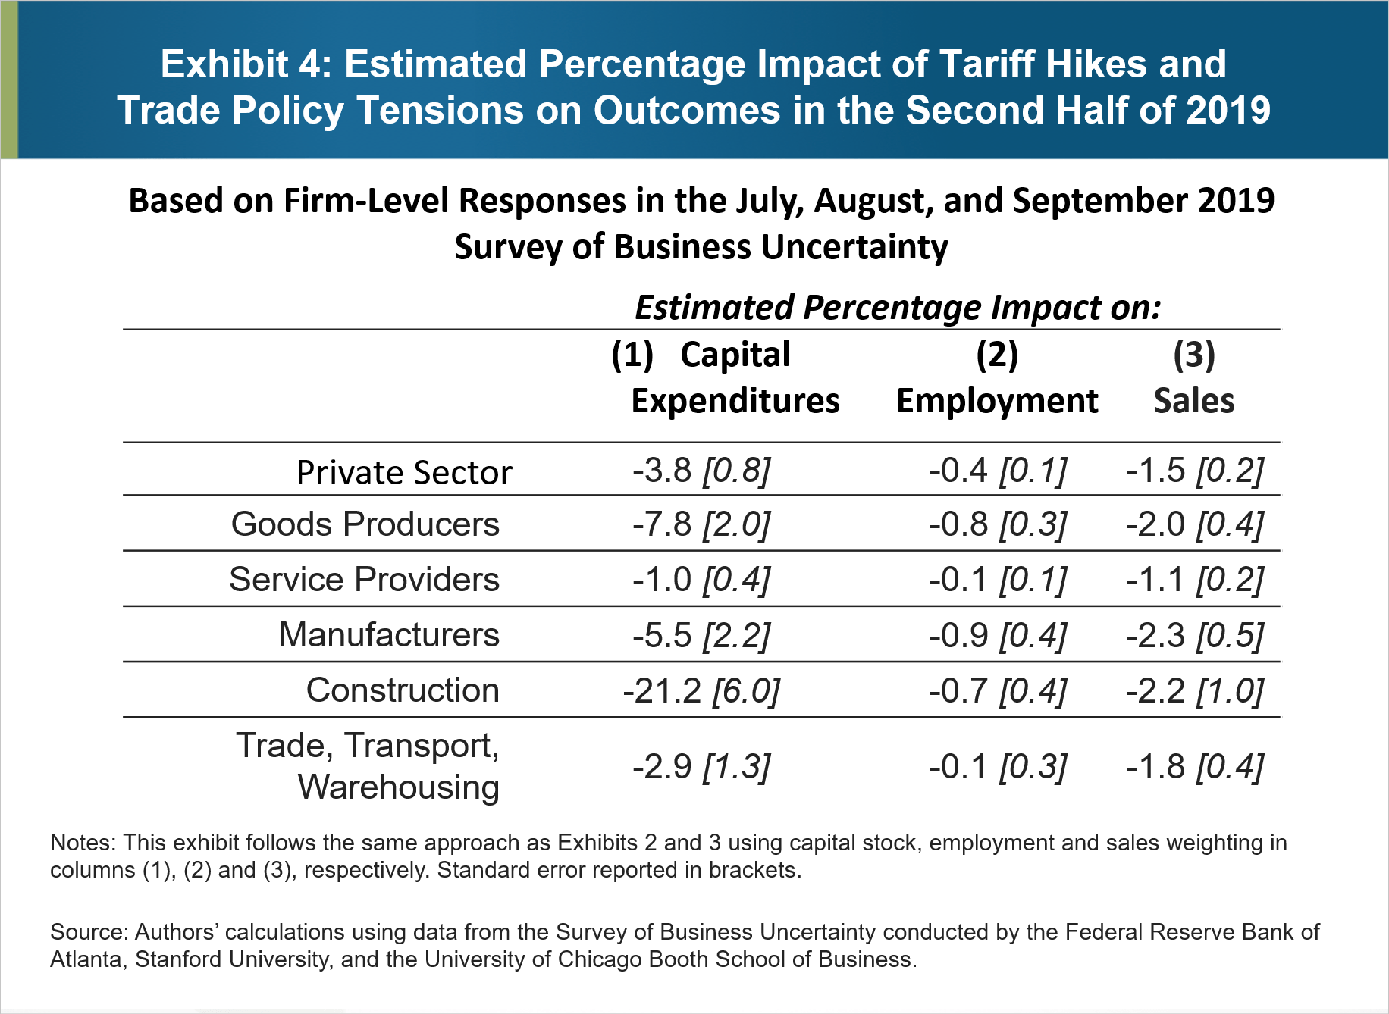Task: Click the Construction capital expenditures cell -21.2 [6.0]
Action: [701, 690]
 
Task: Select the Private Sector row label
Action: [403, 472]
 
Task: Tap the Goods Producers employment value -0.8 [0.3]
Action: [998, 524]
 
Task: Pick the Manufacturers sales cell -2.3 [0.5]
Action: [1195, 635]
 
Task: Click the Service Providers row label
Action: [364, 580]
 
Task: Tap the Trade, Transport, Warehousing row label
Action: [368, 766]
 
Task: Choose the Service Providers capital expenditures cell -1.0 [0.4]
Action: [701, 580]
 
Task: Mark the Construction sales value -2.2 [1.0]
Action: [1195, 690]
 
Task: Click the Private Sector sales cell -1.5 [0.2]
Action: [1195, 471]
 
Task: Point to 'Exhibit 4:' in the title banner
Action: [246, 64]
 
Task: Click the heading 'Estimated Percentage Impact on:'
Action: [898, 308]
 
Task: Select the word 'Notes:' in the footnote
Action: [82, 843]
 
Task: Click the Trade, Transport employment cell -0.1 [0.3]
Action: [998, 767]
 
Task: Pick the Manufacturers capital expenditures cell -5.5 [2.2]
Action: [701, 635]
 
